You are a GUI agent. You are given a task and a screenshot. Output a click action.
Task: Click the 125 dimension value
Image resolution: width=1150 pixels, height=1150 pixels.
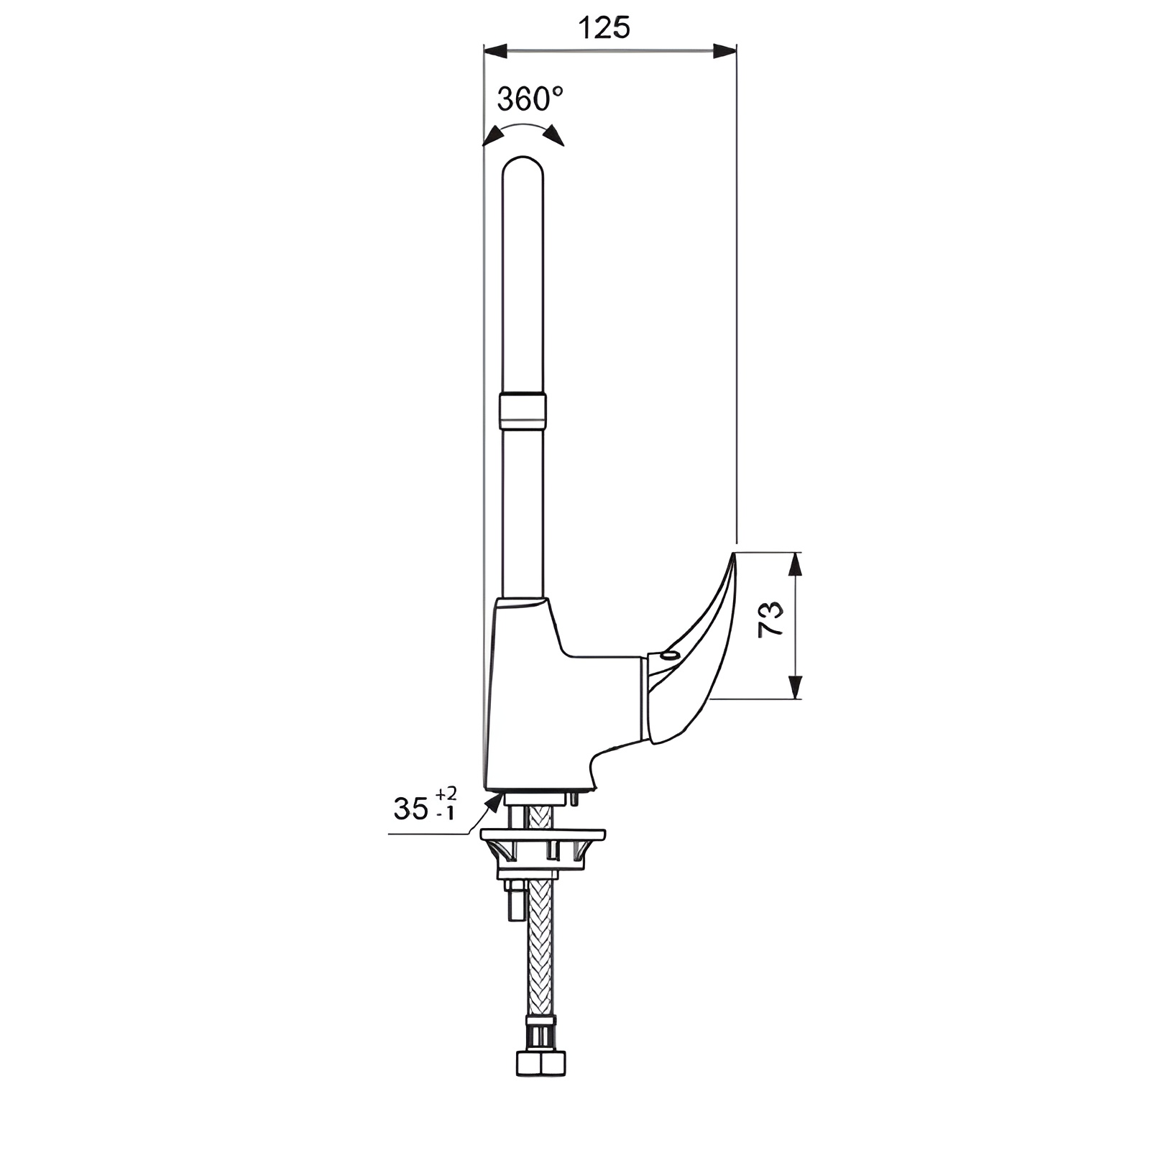604,28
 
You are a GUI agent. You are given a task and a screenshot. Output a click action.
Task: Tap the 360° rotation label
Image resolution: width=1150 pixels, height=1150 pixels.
530,99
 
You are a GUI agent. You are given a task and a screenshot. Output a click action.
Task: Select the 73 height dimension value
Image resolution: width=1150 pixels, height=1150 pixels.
771,619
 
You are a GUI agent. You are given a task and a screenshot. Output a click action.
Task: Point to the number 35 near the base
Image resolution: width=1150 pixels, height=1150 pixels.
411,809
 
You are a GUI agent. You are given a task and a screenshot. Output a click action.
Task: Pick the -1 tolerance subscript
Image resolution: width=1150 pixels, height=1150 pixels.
446,814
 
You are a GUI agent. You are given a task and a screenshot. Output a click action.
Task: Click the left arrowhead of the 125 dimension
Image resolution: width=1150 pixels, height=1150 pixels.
495,51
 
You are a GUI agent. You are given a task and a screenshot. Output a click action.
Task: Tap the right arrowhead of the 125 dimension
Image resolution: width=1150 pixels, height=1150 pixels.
724,51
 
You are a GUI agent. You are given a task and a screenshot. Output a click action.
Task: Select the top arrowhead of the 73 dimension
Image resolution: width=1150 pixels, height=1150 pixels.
794,564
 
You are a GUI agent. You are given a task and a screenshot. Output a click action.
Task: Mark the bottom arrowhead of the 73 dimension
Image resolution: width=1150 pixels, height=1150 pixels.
794,688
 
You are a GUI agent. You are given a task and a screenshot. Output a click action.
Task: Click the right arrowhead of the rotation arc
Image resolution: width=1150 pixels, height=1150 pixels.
553,136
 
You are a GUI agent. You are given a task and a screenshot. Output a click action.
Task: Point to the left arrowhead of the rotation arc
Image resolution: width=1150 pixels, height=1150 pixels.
492,136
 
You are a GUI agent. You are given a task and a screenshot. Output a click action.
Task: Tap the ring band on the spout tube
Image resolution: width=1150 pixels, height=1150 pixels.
523,410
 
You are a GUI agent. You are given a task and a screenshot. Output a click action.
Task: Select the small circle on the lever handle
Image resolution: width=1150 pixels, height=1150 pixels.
670,655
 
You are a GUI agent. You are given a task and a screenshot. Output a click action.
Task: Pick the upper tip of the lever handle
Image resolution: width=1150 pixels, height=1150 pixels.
732,557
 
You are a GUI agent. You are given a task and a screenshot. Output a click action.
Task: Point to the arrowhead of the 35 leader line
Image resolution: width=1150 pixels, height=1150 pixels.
493,802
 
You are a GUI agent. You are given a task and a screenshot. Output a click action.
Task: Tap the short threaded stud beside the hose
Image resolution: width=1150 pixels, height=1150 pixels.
515,902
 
